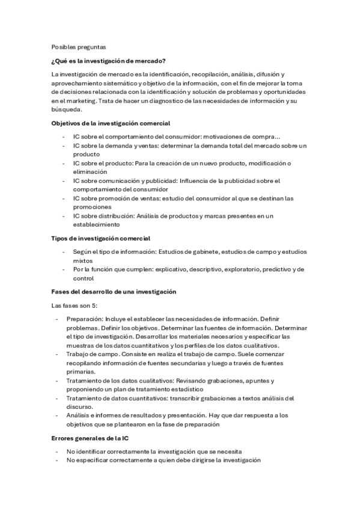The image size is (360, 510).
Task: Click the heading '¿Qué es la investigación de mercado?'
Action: click(109, 61)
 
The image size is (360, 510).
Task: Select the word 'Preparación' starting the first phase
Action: click(83, 319)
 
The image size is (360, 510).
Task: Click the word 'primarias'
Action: click(81, 372)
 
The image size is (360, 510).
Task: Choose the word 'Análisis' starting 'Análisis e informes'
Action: click(79, 415)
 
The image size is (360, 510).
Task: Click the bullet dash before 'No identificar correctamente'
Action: click(56, 451)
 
